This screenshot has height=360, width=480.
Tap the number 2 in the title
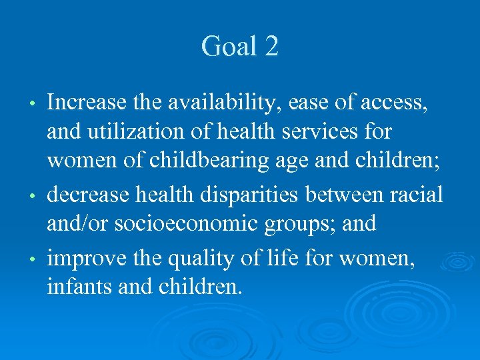pyautogui.click(x=271, y=47)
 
